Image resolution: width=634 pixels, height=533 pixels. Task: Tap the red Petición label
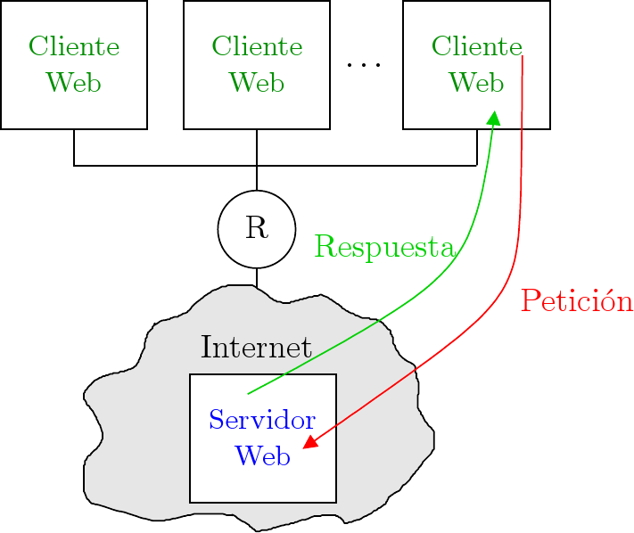(x=576, y=302)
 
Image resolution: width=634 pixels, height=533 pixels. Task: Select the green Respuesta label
(x=384, y=247)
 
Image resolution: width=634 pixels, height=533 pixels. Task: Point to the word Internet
(x=256, y=348)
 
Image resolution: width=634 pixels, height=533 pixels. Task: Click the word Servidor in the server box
(x=262, y=420)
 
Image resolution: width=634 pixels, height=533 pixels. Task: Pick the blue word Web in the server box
(x=262, y=455)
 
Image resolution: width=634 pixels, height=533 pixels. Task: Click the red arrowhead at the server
(x=309, y=442)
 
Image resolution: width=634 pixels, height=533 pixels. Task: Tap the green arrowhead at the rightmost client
(x=493, y=118)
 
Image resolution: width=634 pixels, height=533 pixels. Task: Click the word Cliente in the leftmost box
(x=74, y=46)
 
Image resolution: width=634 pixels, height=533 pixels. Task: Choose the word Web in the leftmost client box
(x=74, y=83)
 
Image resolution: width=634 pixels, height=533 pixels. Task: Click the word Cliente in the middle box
(x=257, y=46)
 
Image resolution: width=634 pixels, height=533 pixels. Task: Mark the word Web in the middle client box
(x=257, y=83)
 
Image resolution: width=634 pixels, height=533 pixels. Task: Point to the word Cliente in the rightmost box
(x=475, y=46)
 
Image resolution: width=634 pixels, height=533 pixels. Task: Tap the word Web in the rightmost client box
(x=475, y=83)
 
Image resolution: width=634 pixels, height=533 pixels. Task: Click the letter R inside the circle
(x=257, y=228)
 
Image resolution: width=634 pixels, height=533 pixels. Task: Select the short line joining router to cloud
(x=257, y=277)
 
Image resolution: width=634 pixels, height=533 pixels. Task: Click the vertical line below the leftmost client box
(x=74, y=147)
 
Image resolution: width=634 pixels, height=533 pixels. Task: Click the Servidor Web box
(x=205, y=481)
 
